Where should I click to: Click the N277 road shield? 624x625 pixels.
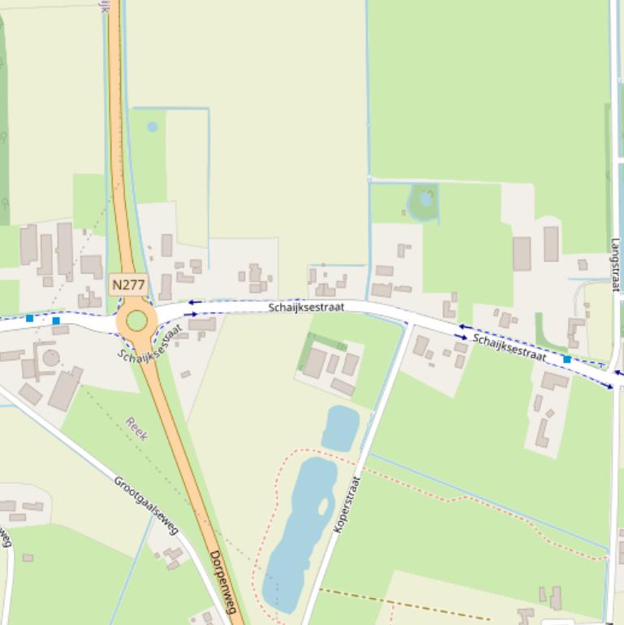point(127,285)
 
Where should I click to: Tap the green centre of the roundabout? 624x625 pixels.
point(136,321)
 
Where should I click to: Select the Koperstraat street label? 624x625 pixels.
point(346,504)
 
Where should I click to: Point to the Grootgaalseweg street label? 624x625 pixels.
point(146,506)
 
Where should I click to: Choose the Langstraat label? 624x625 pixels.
point(615,265)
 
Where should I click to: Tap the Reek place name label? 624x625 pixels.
point(136,429)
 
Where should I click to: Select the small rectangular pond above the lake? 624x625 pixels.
point(340,428)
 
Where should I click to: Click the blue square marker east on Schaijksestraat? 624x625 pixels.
point(566,359)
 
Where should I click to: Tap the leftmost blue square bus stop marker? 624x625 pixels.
point(30,318)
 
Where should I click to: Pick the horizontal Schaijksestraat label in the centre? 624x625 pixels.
point(307,307)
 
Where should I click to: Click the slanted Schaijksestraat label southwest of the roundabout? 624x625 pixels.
point(151,343)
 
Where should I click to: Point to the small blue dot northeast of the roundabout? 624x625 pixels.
point(152,127)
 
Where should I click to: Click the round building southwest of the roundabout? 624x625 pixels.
point(51,358)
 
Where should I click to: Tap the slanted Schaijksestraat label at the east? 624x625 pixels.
point(510,347)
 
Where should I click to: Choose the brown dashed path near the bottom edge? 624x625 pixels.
point(406,605)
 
